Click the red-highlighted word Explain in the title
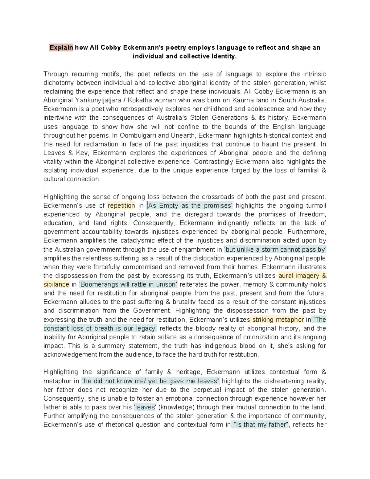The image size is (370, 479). click(61, 47)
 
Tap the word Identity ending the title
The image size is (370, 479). click(224, 56)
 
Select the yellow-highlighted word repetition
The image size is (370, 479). click(121, 206)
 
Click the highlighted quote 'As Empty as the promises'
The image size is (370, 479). click(190, 206)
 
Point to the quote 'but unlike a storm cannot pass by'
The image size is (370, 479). click(275, 250)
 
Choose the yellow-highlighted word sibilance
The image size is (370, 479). click(56, 284)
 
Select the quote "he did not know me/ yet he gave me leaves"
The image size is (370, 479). click(150, 381)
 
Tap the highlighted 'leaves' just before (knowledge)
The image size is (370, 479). click(145, 407)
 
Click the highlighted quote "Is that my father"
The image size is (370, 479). click(261, 425)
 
